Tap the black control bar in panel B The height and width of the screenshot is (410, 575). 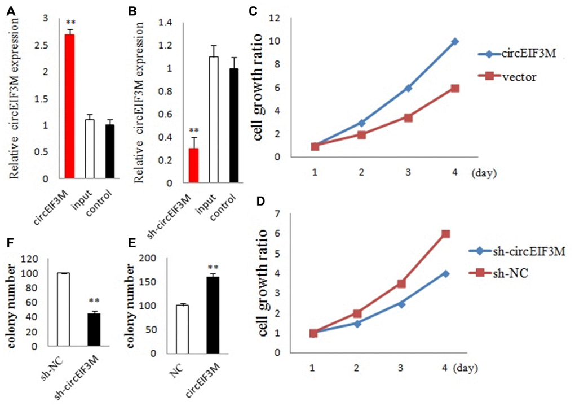[x=233, y=125]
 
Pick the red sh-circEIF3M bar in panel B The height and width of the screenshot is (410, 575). [x=193, y=165]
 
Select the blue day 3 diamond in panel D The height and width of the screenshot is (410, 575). [x=401, y=304]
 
